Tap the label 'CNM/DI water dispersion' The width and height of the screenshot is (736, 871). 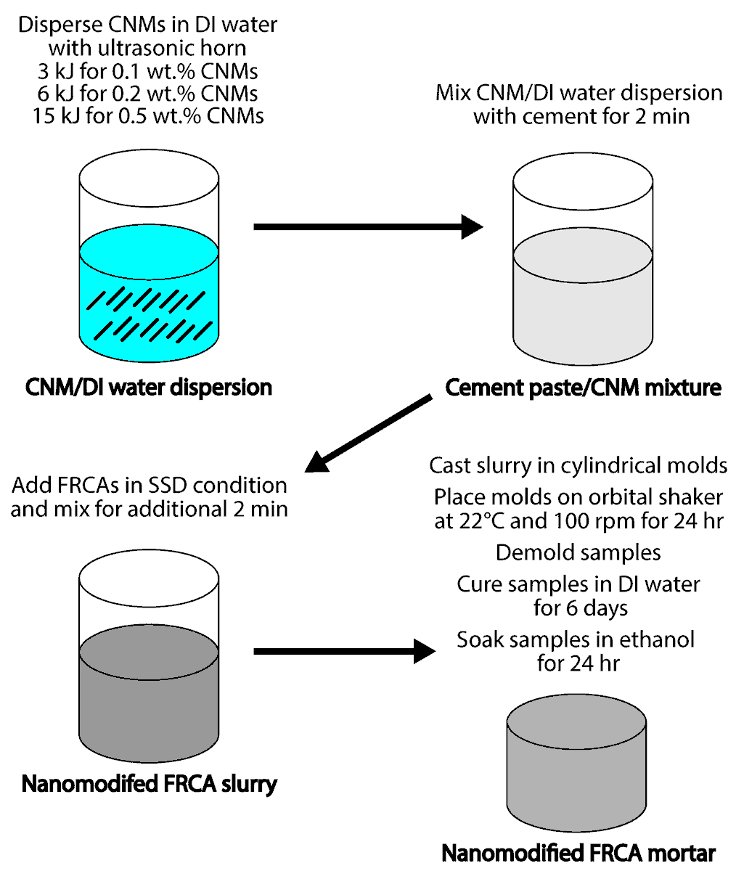(x=148, y=387)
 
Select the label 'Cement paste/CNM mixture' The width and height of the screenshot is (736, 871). (x=583, y=387)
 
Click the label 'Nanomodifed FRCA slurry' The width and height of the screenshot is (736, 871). (x=150, y=784)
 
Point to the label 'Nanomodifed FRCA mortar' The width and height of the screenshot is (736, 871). (x=578, y=852)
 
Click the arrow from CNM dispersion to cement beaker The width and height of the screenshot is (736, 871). (x=367, y=227)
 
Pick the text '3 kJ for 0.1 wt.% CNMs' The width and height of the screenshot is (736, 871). (x=148, y=71)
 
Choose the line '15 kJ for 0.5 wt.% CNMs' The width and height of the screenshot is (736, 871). (x=148, y=115)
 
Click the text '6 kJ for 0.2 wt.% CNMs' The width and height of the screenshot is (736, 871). (x=148, y=94)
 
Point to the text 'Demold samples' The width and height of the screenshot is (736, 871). (x=578, y=552)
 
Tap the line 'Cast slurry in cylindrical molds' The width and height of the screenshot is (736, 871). (x=578, y=465)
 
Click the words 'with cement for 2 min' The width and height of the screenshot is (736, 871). (x=581, y=116)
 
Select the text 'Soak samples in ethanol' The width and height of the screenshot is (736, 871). (x=576, y=639)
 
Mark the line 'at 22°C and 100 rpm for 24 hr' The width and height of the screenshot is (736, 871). (x=578, y=521)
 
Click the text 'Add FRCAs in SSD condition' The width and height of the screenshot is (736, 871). (x=149, y=485)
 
